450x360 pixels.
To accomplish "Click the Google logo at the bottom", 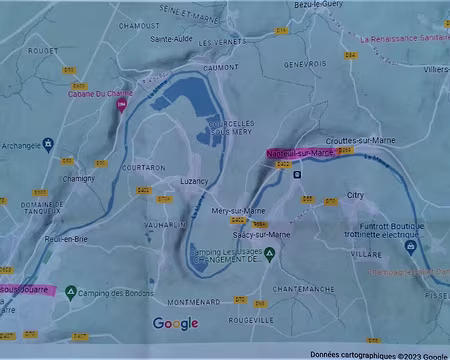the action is [x=176, y=323].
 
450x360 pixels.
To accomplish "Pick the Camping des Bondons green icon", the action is [x=70, y=292].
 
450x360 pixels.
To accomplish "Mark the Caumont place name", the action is [x=219, y=66].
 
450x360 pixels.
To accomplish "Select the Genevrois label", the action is [x=305, y=62].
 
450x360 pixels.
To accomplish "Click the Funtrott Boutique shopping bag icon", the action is [x=410, y=245].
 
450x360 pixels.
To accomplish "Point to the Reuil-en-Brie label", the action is [x=66, y=240].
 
